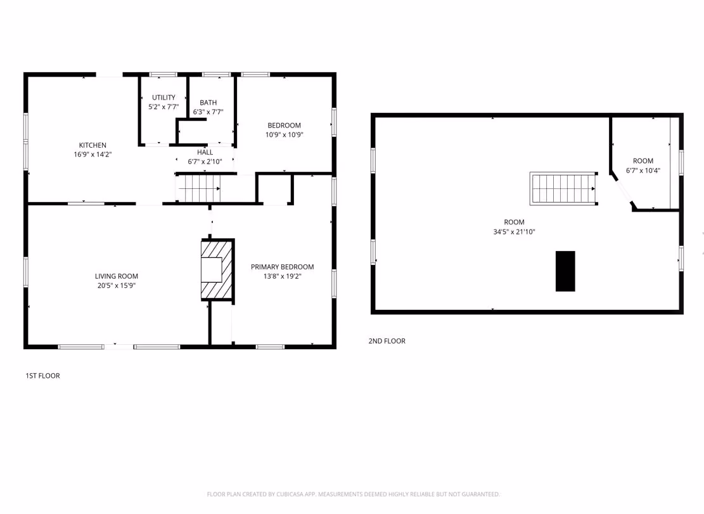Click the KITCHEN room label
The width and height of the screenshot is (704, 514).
(93, 145)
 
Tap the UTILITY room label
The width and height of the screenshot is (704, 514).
(163, 98)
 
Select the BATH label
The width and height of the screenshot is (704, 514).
(208, 103)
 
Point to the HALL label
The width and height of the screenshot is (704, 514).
(205, 152)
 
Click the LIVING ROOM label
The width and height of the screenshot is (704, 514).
(117, 276)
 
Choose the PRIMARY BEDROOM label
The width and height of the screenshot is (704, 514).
(283, 267)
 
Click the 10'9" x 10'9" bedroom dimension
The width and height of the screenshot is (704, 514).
(285, 134)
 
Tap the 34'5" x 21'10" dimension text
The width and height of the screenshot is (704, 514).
(514, 231)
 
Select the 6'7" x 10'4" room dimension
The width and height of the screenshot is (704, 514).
(643, 170)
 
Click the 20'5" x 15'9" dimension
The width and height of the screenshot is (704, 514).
(117, 285)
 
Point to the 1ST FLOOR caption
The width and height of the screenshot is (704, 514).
(42, 376)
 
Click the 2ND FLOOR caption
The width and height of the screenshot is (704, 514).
(387, 341)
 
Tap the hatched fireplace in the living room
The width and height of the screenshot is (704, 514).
(217, 269)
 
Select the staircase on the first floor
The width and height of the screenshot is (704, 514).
(198, 188)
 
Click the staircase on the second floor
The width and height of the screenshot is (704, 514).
(564, 188)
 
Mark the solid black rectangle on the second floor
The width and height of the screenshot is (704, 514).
(565, 271)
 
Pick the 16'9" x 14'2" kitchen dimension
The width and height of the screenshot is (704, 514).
(93, 155)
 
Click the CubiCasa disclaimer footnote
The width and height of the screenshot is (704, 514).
(353, 494)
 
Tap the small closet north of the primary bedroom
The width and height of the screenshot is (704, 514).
(275, 189)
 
